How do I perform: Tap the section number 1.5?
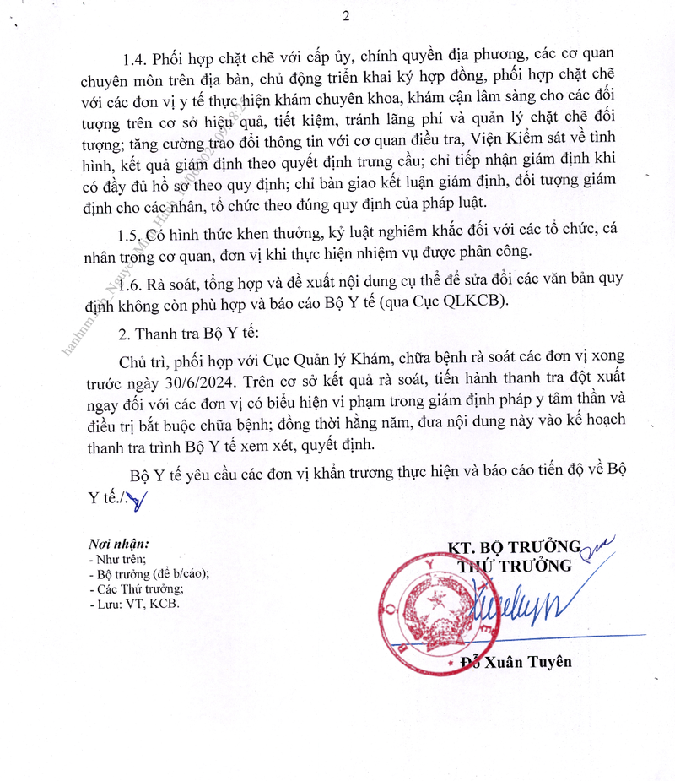[132, 232]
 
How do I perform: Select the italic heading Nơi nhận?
[118, 543]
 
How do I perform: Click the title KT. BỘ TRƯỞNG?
[514, 545]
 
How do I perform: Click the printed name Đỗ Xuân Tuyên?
[522, 662]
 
